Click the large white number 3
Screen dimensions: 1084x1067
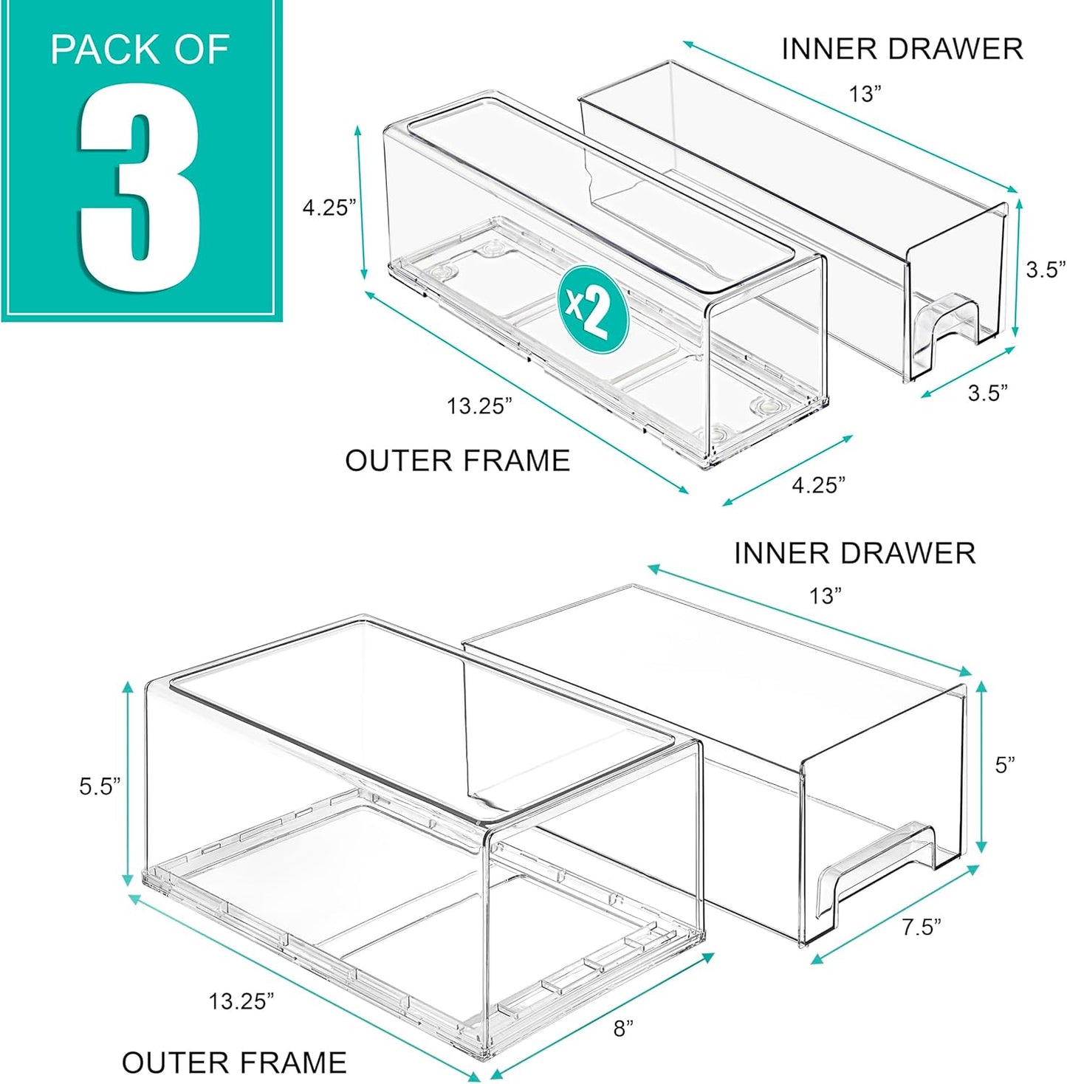click(140, 188)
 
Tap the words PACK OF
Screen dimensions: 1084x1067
click(140, 50)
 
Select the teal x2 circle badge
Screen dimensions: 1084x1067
click(592, 310)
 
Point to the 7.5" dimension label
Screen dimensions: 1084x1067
click(922, 927)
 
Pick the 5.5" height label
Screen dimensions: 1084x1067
click(100, 786)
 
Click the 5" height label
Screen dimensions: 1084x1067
click(1005, 765)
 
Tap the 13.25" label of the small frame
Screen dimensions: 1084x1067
click(478, 406)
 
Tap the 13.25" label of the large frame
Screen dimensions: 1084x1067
click(241, 1002)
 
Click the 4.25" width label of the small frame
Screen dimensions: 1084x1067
click(818, 485)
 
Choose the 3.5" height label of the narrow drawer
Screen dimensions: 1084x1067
click(1046, 270)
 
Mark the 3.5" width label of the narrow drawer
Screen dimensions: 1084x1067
click(988, 393)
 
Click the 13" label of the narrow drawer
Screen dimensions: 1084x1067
click(865, 94)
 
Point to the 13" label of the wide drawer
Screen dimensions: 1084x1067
click(826, 596)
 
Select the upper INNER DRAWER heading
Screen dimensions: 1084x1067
click(902, 49)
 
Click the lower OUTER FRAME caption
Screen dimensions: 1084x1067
click(234, 1063)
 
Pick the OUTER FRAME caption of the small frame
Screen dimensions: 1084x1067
click(457, 461)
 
